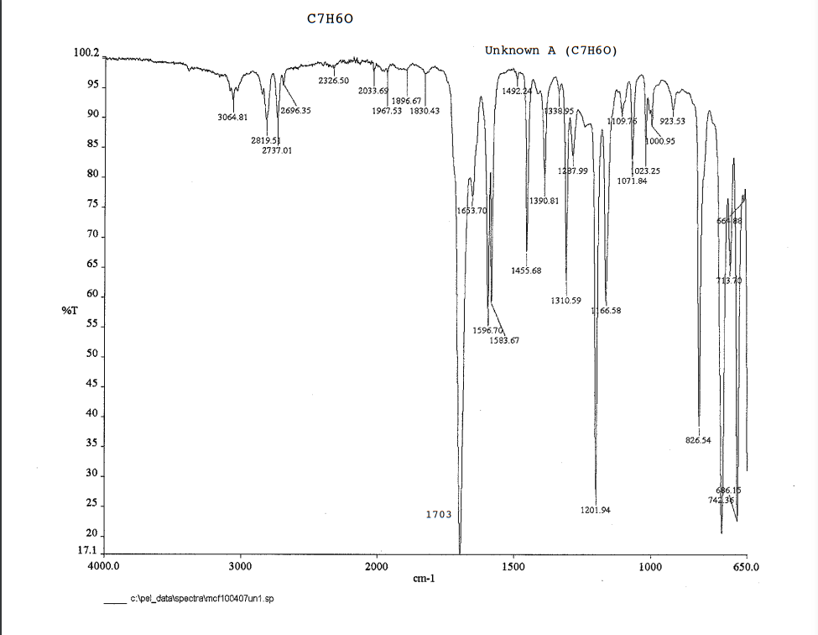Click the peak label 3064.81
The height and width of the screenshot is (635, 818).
tap(232, 117)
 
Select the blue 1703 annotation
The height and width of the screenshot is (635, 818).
tap(438, 514)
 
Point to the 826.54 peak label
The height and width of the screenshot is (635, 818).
tap(698, 439)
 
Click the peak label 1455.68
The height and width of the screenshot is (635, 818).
tap(526, 270)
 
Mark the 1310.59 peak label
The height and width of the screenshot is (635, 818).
tap(565, 300)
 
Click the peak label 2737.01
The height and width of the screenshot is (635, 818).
tap(277, 150)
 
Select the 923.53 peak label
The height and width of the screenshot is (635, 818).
tap(673, 121)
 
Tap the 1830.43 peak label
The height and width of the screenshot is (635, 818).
tap(425, 111)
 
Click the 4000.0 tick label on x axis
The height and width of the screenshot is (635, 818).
tap(103, 567)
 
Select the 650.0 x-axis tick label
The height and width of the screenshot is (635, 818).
tap(745, 567)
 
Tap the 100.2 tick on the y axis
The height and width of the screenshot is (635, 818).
tap(86, 52)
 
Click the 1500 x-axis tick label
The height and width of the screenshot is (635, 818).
tap(513, 567)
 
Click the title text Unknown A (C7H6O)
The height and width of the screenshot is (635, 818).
tap(550, 50)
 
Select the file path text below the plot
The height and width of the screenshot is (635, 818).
tap(201, 601)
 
